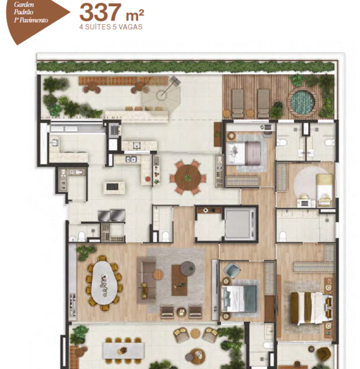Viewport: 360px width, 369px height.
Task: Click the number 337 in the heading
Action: point(100,12)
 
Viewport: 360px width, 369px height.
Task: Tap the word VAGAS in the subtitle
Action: point(130,27)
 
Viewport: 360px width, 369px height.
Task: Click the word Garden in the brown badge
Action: point(23,5)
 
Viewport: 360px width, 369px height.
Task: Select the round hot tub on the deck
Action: point(303,101)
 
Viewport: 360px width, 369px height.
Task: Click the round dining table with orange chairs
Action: point(188,177)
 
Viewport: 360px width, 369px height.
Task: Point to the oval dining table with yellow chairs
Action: point(104,282)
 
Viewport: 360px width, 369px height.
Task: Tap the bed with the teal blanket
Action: point(239,298)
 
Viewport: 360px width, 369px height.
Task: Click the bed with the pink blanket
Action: point(244,153)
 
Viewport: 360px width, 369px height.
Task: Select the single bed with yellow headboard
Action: point(325,190)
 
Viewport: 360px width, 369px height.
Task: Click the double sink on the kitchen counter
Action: point(131,159)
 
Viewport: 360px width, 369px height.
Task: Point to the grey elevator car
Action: point(239,223)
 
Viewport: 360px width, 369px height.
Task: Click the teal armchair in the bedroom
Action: point(232,270)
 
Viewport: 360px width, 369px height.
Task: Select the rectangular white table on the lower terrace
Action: point(123,350)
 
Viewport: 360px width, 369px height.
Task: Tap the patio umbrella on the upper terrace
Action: point(161,95)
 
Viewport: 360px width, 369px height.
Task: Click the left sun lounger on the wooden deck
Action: point(238,103)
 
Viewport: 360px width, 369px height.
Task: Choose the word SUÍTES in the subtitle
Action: point(98,27)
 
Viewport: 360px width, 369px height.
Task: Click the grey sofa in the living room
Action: point(146,280)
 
